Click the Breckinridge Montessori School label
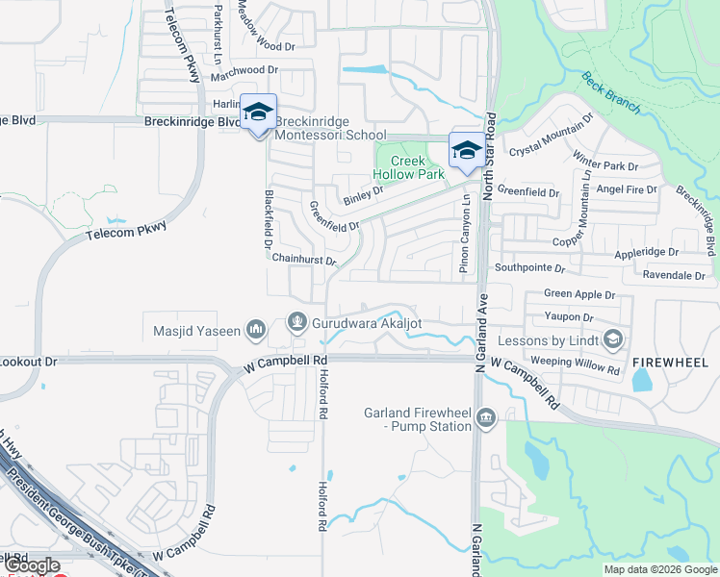pos(331,129)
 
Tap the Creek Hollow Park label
pos(409,168)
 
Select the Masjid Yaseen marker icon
pos(255,331)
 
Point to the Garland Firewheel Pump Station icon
pos(486,416)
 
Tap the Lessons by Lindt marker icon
pos(611,339)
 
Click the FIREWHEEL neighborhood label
pos(670,363)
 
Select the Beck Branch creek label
pos(611,92)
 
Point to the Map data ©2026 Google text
pos(659,569)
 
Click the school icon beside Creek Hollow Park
pos(466,151)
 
